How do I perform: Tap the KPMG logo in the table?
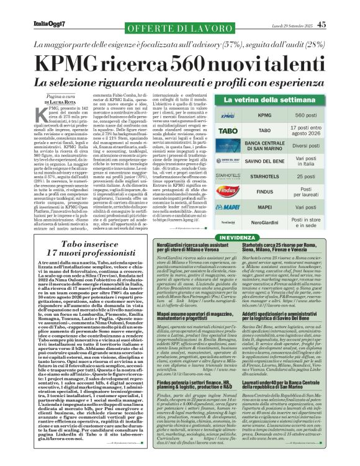point(227,115)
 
